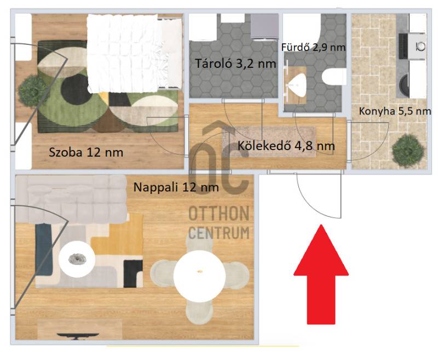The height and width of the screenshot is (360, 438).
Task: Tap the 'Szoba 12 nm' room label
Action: click(86, 153)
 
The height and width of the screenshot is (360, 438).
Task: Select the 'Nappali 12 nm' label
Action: click(176, 187)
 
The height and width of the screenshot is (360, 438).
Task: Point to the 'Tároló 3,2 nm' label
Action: click(235, 64)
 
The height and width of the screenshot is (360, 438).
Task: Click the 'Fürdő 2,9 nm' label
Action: click(313, 47)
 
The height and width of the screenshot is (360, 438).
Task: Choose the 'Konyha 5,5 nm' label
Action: click(395, 111)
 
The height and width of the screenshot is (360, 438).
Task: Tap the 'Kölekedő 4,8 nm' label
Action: click(286, 146)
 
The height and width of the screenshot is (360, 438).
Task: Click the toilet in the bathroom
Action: click(334, 77)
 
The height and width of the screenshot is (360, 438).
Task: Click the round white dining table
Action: click(199, 276)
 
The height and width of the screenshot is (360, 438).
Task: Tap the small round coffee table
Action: click(77, 259)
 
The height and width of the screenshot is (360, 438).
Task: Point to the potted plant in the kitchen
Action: click(408, 151)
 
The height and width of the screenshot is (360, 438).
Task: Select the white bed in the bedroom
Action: click(135, 53)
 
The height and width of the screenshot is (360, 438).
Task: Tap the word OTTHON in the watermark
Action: click(218, 214)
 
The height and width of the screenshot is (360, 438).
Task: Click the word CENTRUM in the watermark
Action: click(218, 232)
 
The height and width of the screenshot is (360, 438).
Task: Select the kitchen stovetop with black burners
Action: click(403, 46)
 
